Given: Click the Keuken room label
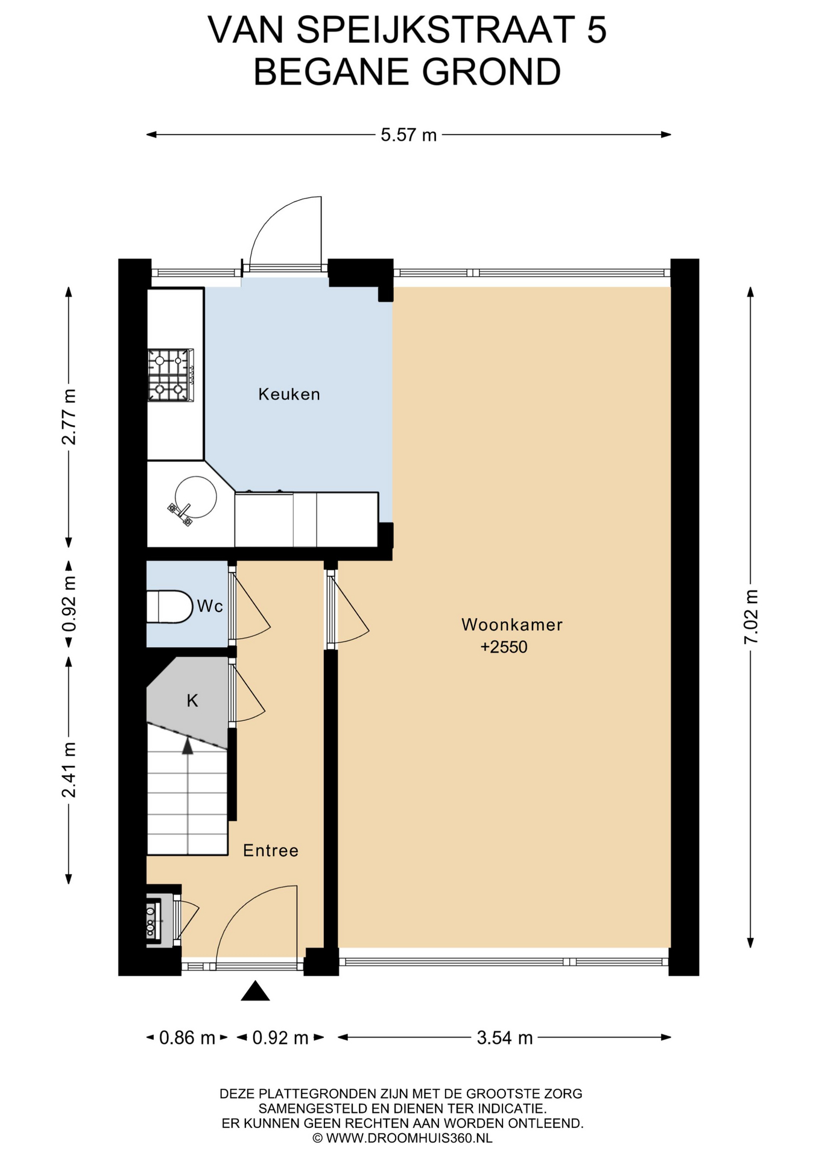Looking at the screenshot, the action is pyautogui.click(x=289, y=394).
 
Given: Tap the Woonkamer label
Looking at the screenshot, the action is pyautogui.click(x=512, y=625).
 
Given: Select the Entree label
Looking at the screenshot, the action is pyautogui.click(x=271, y=850).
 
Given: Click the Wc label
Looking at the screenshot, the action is pyautogui.click(x=210, y=606).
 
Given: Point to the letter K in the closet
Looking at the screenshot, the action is pyautogui.click(x=192, y=700).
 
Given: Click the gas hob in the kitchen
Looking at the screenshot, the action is pyautogui.click(x=171, y=375).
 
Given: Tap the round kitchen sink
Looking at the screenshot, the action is pyautogui.click(x=196, y=497).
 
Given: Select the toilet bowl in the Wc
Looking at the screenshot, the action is pyautogui.click(x=169, y=606).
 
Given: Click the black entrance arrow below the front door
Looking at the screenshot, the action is pyautogui.click(x=255, y=990).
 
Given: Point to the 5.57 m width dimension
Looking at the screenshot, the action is pyautogui.click(x=408, y=134).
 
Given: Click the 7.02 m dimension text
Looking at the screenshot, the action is pyautogui.click(x=751, y=616).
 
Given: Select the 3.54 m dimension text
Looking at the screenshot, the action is pyautogui.click(x=505, y=1038).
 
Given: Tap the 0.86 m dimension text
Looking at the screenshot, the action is pyautogui.click(x=187, y=1038).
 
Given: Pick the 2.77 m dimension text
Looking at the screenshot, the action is pyautogui.click(x=69, y=417).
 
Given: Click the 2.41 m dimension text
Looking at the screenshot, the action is pyautogui.click(x=69, y=770).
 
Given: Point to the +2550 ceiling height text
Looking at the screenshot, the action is pyautogui.click(x=504, y=647).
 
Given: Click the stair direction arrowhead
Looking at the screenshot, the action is pyautogui.click(x=188, y=746).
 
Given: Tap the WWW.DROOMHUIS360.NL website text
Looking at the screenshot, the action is pyautogui.click(x=409, y=1138).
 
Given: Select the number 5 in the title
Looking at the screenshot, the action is pyautogui.click(x=596, y=30).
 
